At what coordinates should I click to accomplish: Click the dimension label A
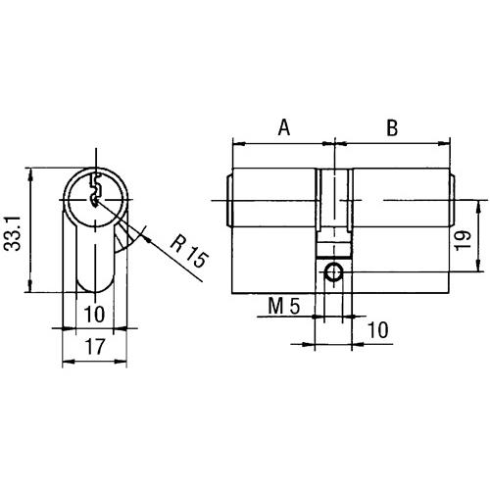tap(284, 127)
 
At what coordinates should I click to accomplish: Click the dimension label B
tap(392, 127)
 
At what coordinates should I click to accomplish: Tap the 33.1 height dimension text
tap(12, 233)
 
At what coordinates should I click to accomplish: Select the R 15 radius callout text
tap(189, 252)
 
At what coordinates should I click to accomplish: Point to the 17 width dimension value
tap(95, 347)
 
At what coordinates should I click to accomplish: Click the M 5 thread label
tap(284, 307)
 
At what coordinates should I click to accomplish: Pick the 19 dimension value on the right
tap(463, 240)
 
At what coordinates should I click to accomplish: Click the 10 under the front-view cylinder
tap(94, 315)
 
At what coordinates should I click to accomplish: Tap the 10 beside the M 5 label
tap(378, 330)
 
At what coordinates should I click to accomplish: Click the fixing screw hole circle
tap(333, 271)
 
